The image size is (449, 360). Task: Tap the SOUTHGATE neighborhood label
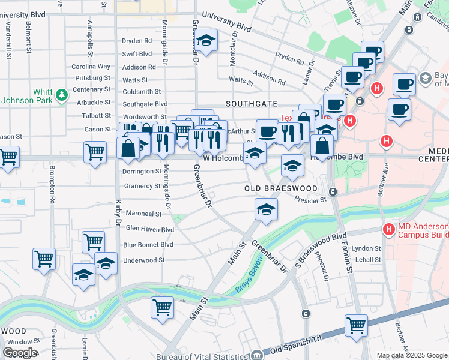[251, 104]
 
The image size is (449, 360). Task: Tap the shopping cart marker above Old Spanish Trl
[356, 326]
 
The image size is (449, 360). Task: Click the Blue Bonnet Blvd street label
[148, 245]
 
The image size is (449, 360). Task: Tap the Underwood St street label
[143, 260]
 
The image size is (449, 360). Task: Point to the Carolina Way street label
[91, 67]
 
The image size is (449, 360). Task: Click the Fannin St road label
[348, 258]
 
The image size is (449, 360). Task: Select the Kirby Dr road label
[118, 212]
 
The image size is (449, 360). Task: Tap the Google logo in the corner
[19, 352]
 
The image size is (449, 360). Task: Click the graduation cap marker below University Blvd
[206, 41]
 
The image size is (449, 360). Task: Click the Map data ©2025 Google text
[411, 355]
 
